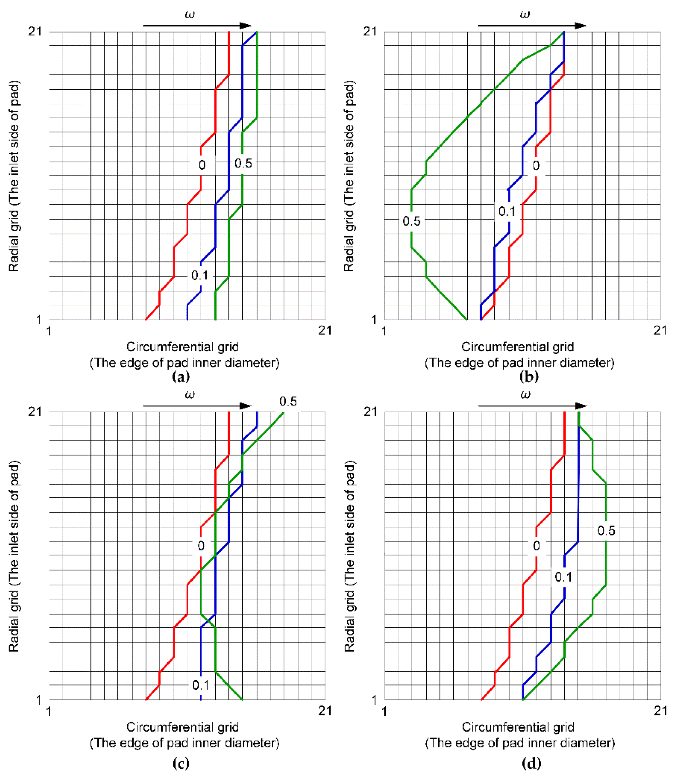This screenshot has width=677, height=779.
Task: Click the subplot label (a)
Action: tap(181, 377)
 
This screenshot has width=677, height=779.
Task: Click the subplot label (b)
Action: tap(529, 377)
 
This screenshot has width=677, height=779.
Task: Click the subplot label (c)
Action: tap(181, 763)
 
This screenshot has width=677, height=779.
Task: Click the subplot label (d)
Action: tap(531, 763)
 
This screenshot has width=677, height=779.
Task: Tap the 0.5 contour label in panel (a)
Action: tap(243, 163)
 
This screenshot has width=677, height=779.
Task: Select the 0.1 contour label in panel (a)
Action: tap(200, 275)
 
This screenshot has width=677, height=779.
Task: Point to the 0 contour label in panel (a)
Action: tap(202, 165)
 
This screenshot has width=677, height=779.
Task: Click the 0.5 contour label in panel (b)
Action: tap(411, 221)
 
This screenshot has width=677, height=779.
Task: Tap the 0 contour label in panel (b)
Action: tap(536, 165)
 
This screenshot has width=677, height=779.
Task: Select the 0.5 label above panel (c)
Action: tap(288, 401)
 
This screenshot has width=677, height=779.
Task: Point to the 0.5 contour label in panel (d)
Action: tap(606, 531)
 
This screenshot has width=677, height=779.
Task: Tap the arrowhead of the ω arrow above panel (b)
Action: tap(580, 26)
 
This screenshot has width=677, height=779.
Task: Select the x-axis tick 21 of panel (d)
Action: tap(660, 711)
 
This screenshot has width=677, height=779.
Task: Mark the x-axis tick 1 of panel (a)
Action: tap(48, 331)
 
